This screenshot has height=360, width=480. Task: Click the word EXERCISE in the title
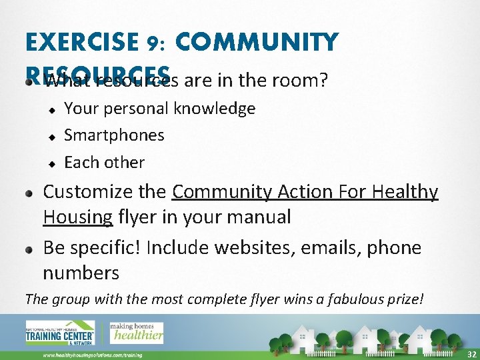point(82,43)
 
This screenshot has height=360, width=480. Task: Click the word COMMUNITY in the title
point(257,43)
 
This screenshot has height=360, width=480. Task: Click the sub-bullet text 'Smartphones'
point(114,135)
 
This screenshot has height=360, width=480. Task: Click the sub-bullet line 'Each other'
point(104,163)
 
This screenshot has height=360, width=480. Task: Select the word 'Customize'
point(84,193)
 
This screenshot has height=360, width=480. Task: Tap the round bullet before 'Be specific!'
point(29,248)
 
